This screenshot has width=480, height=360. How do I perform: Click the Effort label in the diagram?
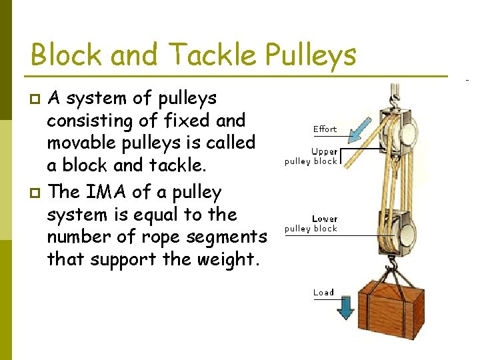(x=325, y=129)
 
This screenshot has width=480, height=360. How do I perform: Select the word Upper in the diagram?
(x=325, y=152)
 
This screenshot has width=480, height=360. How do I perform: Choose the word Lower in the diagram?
(x=325, y=219)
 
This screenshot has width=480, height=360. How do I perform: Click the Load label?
(x=323, y=292)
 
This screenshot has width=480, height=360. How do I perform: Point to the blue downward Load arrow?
(x=345, y=308)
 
